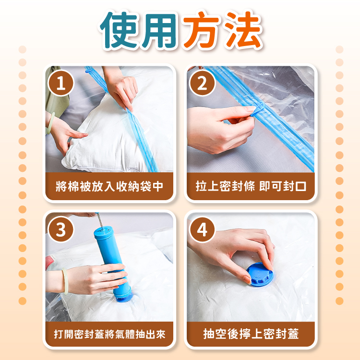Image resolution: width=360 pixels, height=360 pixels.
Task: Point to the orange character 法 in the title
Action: pyautogui.click(x=243, y=30)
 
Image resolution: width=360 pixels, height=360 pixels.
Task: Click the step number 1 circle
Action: pyautogui.click(x=61, y=83)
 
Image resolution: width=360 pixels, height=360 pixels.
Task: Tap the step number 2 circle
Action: pyautogui.click(x=202, y=83)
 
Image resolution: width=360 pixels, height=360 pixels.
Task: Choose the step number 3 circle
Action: pyautogui.click(x=61, y=229)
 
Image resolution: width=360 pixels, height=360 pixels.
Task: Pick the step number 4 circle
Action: pyautogui.click(x=202, y=229)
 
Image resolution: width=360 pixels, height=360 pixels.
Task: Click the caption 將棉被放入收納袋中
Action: pyautogui.click(x=109, y=186)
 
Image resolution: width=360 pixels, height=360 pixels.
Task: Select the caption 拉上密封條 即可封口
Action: pyautogui.click(x=251, y=186)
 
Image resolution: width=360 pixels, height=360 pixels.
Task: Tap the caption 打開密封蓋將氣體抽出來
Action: pyautogui.click(x=109, y=334)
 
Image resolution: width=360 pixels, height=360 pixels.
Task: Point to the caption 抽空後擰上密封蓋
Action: pyautogui.click(x=251, y=334)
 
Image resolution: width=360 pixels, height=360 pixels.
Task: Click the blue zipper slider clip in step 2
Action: pyautogui.click(x=258, y=109)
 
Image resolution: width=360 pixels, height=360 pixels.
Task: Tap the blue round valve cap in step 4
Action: pyautogui.click(x=260, y=275)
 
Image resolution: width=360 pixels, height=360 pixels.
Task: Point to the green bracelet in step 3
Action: pyautogui.click(x=65, y=281)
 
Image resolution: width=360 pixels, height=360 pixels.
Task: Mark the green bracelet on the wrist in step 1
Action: pyautogui.click(x=50, y=123)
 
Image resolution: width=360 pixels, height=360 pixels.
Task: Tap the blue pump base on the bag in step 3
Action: pyautogui.click(x=124, y=297)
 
